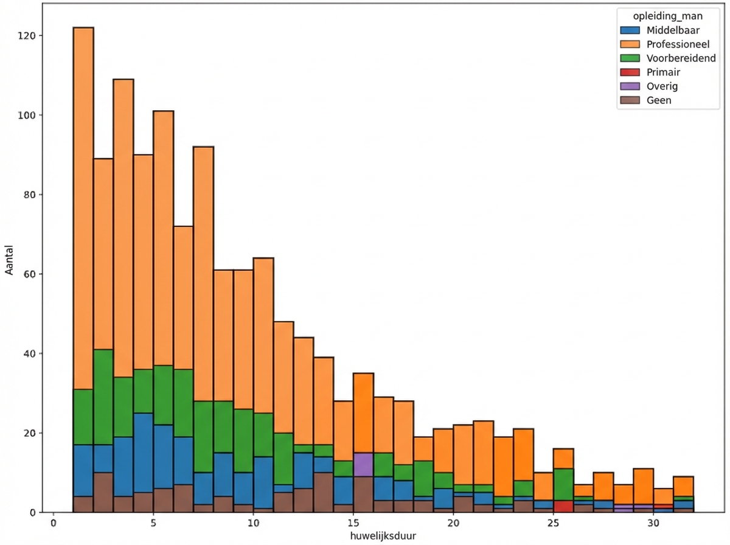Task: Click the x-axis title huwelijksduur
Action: coord(383,536)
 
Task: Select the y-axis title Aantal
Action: coord(10,273)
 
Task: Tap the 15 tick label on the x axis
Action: coord(353,523)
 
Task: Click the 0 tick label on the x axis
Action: coord(54,523)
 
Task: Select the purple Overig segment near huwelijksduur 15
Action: coord(363,465)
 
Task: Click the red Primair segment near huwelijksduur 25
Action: coord(563,506)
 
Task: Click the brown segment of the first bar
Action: coord(83,504)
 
